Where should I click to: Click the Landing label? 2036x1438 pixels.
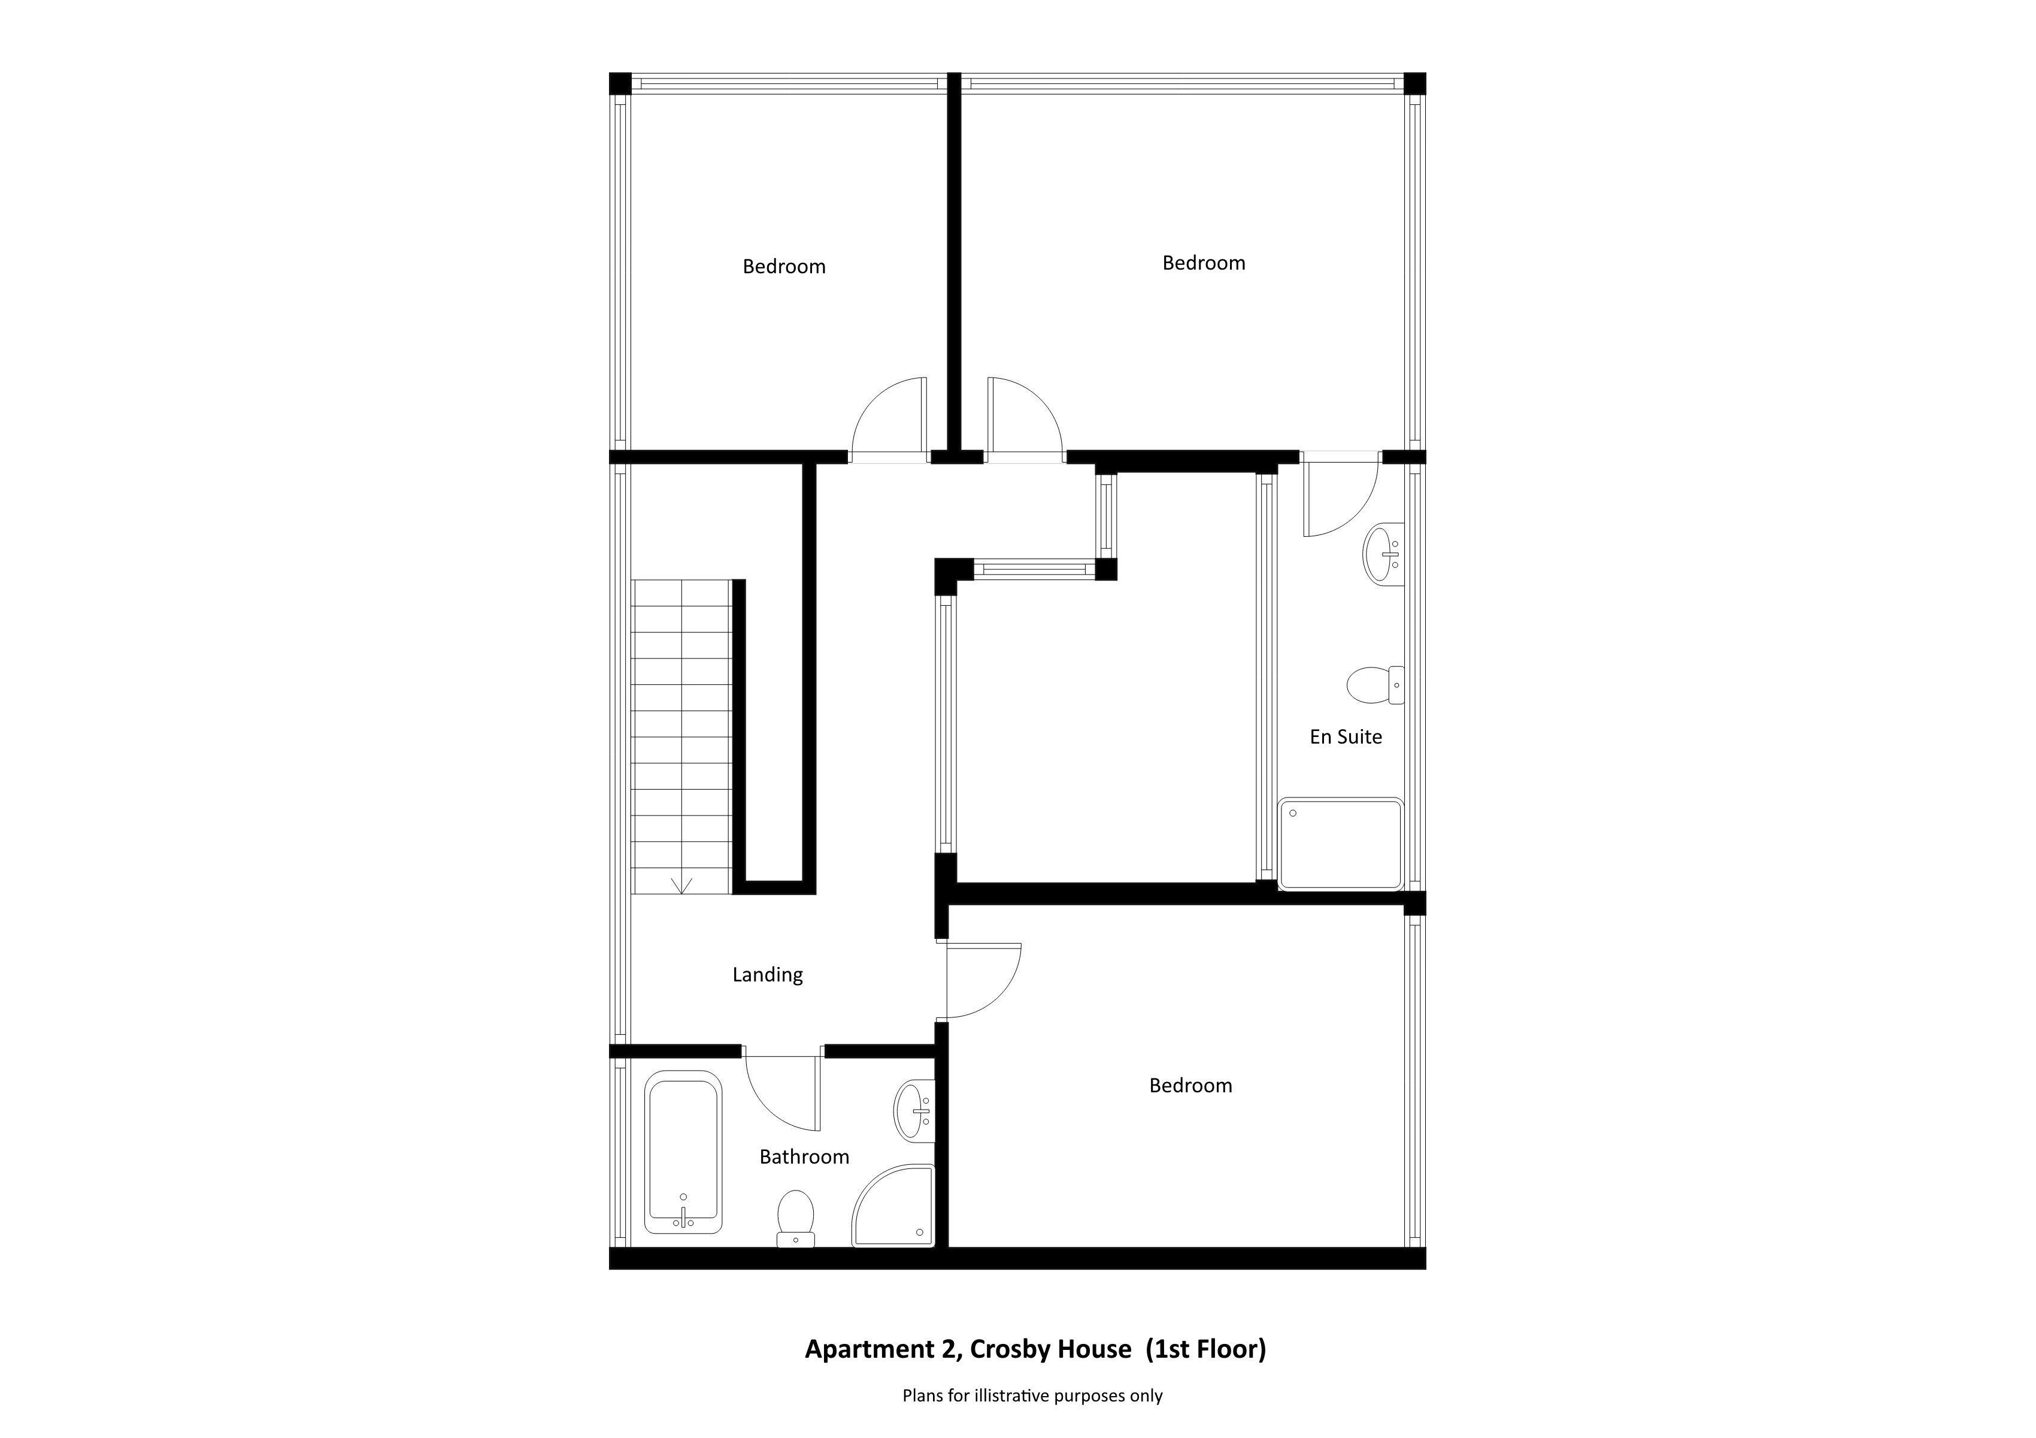[x=767, y=975]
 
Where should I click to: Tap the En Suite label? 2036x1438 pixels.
[x=1345, y=736]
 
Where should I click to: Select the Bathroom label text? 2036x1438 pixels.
[x=804, y=1157]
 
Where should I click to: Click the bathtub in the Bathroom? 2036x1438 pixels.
[x=683, y=1152]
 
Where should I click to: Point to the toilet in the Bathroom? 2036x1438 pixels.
[x=795, y=1219]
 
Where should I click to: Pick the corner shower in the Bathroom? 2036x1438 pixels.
[x=893, y=1206]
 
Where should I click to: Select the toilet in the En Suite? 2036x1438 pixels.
[x=1374, y=685]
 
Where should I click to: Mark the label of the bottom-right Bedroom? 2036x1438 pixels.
[x=1190, y=1086]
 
